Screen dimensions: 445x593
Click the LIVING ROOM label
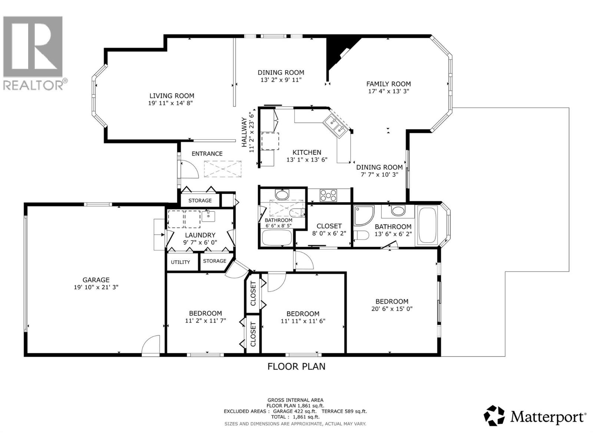pyautogui.click(x=172, y=96)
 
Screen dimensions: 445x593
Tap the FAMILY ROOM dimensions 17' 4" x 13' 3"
pyautogui.click(x=388, y=91)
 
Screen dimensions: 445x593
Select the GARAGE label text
pyautogui.click(x=96, y=280)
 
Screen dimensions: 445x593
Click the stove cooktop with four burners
pyautogui.click(x=328, y=195)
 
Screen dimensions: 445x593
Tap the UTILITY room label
pyautogui.click(x=180, y=262)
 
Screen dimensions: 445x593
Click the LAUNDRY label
pyautogui.click(x=200, y=235)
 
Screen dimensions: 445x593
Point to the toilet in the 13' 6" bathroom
pyautogui.click(x=361, y=235)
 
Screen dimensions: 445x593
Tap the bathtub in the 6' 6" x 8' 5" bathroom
pyautogui.click(x=276, y=238)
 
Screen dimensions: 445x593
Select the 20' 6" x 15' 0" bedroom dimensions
pyautogui.click(x=392, y=309)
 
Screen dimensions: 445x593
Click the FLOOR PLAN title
pyautogui.click(x=296, y=366)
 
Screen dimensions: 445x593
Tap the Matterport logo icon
pyautogui.click(x=494, y=415)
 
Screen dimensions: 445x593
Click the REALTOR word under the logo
pyautogui.click(x=33, y=85)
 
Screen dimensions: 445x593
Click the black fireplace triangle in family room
pyautogui.click(x=337, y=52)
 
